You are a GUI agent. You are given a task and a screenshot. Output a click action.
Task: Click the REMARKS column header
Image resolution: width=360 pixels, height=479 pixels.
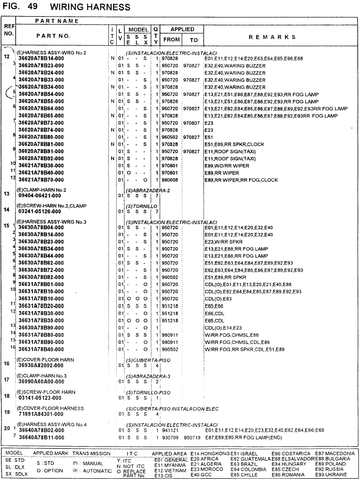[272, 37]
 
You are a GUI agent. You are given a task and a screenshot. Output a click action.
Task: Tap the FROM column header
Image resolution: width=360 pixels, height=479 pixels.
[171, 40]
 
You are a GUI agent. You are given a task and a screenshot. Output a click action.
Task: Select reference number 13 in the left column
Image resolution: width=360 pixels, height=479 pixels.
[7, 194]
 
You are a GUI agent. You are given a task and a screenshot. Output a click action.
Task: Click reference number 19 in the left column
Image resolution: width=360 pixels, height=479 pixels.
[7, 412]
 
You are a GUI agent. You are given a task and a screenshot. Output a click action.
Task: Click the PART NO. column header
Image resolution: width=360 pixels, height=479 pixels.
[53, 36]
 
